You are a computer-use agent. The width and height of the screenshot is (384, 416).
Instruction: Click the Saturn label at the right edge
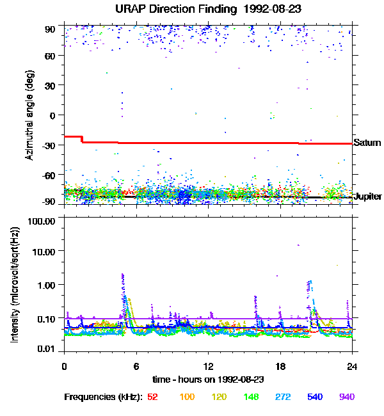coord(367,143)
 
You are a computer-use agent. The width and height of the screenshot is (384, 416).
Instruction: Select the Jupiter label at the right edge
coord(368,196)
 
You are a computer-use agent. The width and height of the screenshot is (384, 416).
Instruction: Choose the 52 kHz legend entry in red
coord(152,397)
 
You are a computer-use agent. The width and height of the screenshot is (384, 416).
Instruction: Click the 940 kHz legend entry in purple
coord(346,397)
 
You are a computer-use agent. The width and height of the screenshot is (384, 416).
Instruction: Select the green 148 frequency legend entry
coord(250,397)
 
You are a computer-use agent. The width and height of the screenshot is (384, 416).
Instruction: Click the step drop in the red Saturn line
coord(82,139)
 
